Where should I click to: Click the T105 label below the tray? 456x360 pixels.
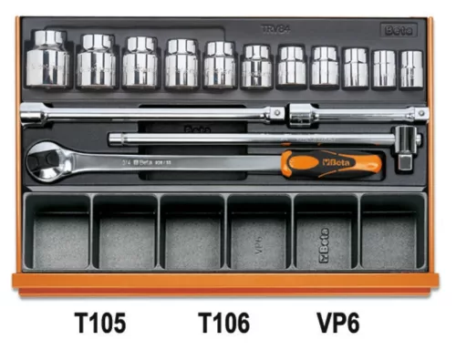(100, 323)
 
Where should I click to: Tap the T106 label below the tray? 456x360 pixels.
(223, 323)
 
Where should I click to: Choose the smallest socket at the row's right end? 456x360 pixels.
(412, 68)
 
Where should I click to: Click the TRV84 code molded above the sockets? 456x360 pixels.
(291, 28)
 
